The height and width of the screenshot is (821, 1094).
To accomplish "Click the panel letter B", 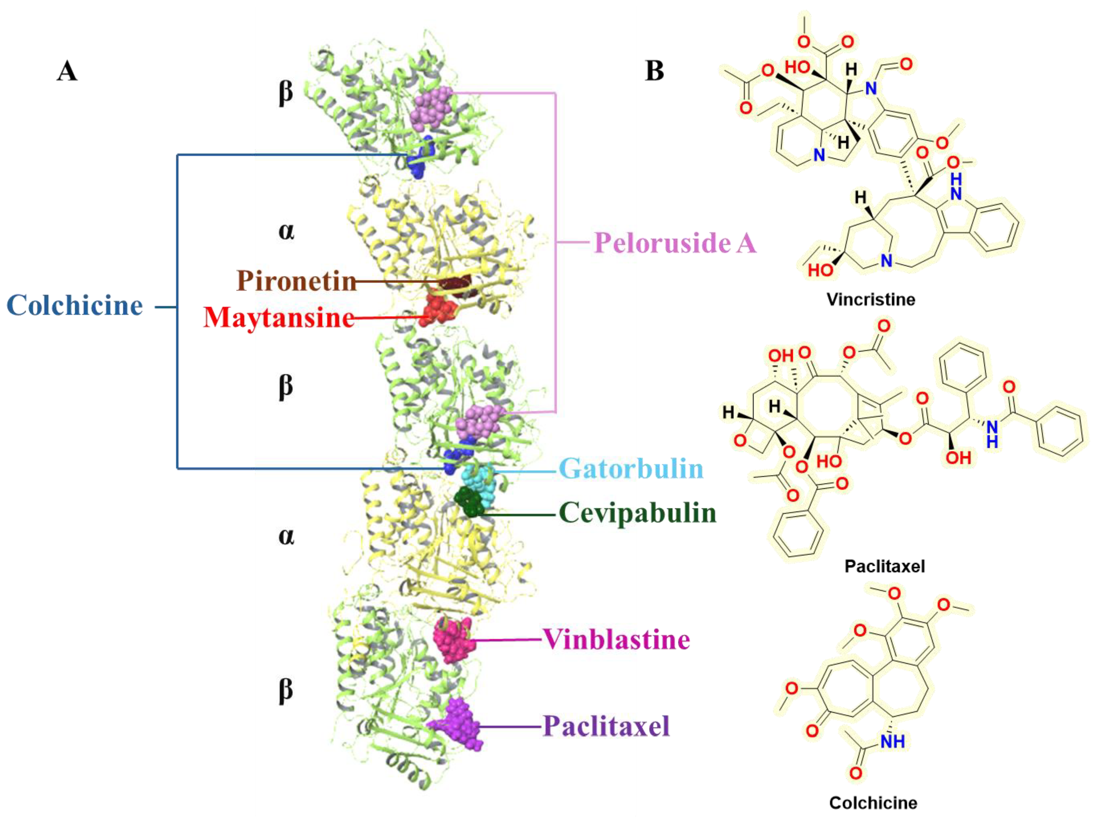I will (654, 71).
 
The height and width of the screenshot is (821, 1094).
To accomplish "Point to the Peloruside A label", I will (675, 243).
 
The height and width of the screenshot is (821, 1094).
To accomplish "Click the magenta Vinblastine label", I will (616, 639).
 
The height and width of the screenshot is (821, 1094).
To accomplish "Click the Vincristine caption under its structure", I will (871, 299).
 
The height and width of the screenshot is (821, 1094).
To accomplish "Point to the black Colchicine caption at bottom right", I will (873, 803).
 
